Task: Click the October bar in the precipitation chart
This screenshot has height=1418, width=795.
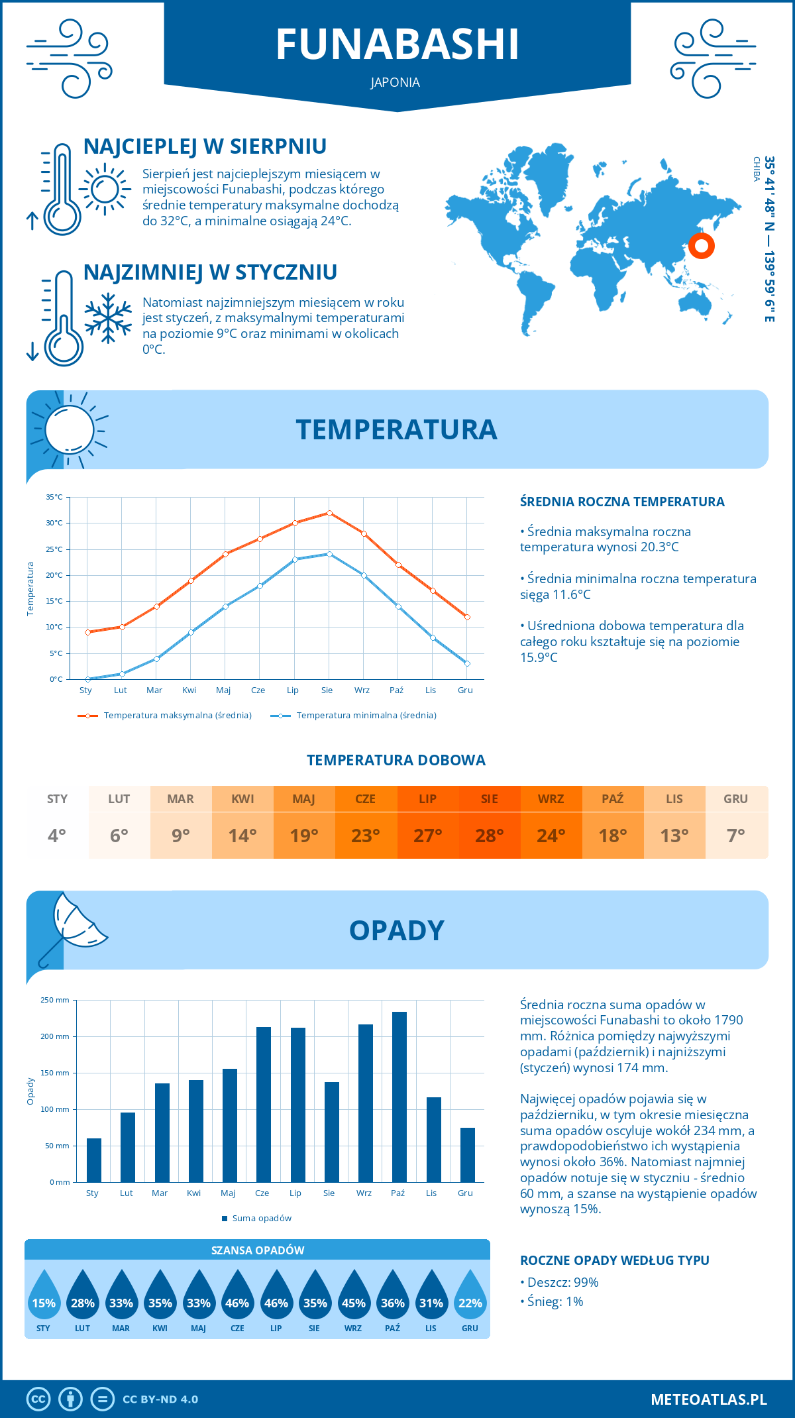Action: click(x=399, y=1097)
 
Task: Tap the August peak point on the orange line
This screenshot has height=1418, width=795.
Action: click(x=329, y=513)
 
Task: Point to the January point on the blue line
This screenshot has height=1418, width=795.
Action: click(x=87, y=679)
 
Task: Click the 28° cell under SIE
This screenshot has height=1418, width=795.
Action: click(x=489, y=836)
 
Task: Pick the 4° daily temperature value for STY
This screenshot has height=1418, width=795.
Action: click(x=57, y=836)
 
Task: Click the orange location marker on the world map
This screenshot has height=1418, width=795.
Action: click(x=701, y=246)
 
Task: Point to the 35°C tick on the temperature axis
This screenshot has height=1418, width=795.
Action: click(x=54, y=497)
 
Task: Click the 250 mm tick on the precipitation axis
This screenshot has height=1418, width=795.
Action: click(x=55, y=1000)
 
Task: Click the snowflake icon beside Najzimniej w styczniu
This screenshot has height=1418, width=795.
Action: click(x=108, y=318)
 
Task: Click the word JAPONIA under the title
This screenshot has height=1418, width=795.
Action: click(x=396, y=82)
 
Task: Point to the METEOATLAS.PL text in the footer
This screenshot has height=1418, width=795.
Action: click(x=708, y=1399)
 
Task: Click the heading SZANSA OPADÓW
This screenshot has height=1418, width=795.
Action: click(x=258, y=1250)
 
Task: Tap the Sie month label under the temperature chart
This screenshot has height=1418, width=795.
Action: click(x=327, y=690)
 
